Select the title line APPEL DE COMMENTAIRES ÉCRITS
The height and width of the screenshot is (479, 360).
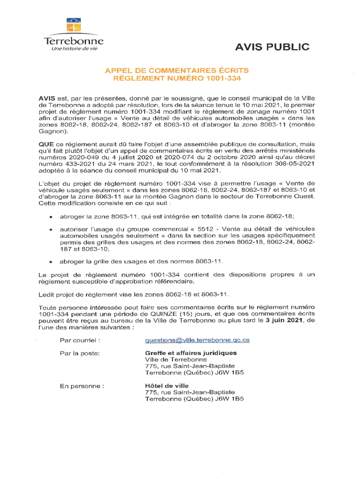177,70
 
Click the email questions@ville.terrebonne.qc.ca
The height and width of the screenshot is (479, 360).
197,340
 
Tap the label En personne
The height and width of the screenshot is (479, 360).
81,386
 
